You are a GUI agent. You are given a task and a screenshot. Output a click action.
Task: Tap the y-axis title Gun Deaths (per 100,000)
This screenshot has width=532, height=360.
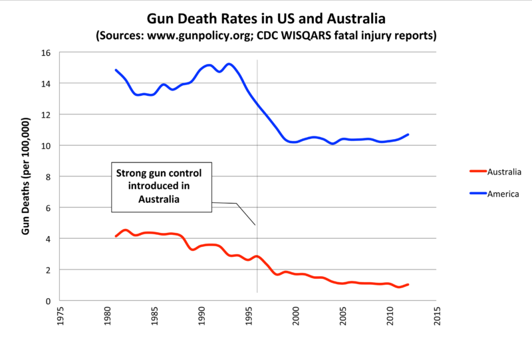27,177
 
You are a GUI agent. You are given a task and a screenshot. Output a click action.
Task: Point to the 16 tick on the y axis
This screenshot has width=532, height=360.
47,53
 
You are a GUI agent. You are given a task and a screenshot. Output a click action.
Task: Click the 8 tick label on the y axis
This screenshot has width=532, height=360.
49,176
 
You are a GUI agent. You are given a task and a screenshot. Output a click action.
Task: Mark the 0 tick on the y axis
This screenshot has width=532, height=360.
49,301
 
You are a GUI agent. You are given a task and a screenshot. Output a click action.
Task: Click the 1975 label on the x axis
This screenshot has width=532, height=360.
60,316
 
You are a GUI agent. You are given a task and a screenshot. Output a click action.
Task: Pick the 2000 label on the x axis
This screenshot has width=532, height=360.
295,316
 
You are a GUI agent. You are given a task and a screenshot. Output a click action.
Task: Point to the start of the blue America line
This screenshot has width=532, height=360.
116,70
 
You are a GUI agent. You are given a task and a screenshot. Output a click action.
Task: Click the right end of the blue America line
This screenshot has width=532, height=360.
408,134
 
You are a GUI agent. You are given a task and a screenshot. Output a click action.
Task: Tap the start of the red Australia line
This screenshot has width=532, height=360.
116,236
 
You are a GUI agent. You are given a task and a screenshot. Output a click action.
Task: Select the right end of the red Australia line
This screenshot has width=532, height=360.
408,285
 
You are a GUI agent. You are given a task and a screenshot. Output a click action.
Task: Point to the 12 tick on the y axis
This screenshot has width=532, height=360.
47,114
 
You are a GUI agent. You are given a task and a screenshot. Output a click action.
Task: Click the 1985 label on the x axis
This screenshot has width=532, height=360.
154,316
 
